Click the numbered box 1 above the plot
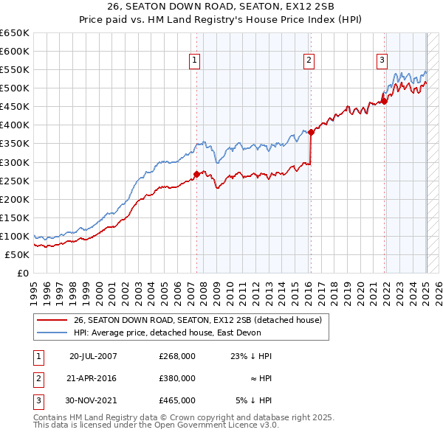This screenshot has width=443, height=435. coord(194,60)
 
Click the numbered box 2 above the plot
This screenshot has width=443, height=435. coord(309,60)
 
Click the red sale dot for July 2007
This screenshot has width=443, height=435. coord(196,174)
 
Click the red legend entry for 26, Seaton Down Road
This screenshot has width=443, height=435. coord(197,321)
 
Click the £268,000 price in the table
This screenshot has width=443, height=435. coord(177,356)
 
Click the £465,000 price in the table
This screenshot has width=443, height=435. coord(177,400)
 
